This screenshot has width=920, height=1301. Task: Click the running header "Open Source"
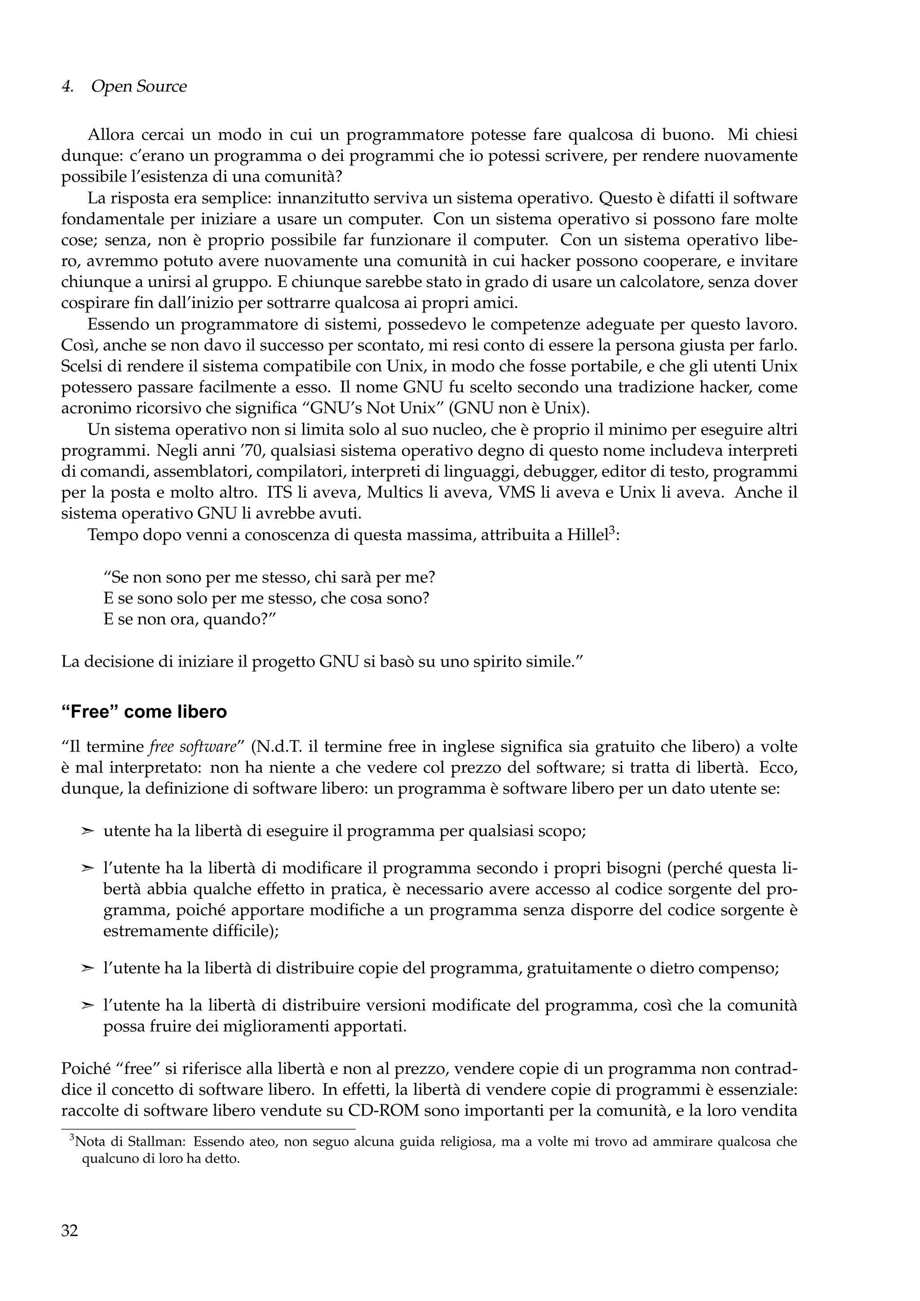point(138,87)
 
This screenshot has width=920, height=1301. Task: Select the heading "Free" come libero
point(144,712)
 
